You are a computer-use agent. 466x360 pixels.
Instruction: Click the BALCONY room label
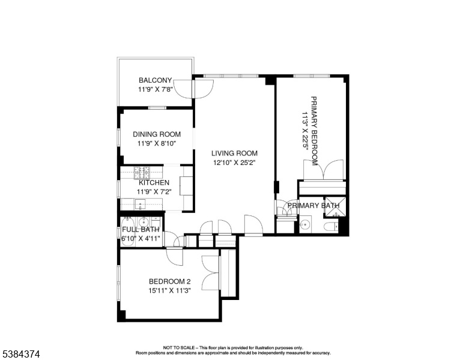[x=155, y=80]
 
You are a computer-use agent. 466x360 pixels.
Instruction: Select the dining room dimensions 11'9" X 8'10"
[x=157, y=143]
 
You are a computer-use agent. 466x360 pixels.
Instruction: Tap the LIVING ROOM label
[x=234, y=153]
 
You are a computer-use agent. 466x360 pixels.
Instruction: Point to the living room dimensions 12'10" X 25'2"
[x=234, y=163]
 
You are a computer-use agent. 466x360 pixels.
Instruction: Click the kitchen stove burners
[x=142, y=173]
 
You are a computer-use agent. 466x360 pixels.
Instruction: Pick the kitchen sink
[x=140, y=204]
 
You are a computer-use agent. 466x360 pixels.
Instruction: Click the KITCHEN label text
[x=154, y=182]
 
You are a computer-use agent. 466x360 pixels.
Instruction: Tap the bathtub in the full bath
[x=127, y=232]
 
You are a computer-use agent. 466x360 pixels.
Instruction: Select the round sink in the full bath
[x=144, y=221]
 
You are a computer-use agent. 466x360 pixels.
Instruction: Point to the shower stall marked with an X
[x=336, y=206]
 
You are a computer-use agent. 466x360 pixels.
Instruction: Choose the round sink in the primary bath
[x=304, y=225]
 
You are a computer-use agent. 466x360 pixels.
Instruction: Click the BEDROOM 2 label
[x=170, y=281]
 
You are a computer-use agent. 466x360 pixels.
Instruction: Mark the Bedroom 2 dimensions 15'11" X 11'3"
[x=170, y=290]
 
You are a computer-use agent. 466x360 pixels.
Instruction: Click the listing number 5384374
[x=21, y=354]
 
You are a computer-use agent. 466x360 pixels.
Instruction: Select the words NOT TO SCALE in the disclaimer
[x=179, y=347]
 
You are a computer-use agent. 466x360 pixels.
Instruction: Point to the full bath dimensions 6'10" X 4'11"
[x=141, y=238]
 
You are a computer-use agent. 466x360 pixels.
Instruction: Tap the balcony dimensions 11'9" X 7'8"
[x=156, y=89]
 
